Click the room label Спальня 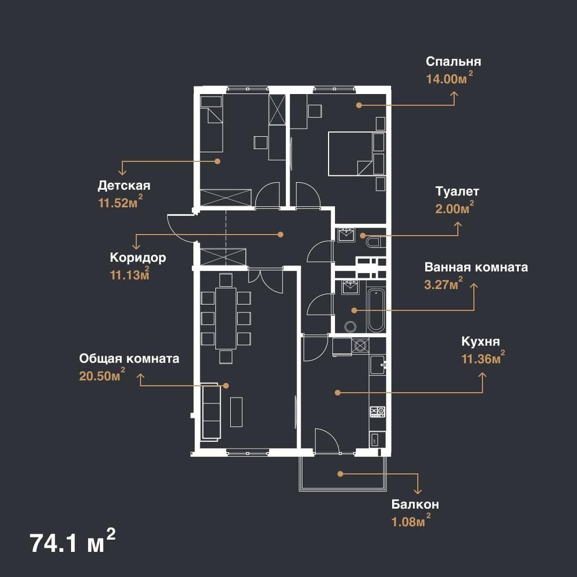pyautogui.click(x=453, y=62)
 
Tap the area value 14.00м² pyautogui.click(x=449, y=79)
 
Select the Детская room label pyautogui.click(x=124, y=185)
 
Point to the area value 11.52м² pyautogui.click(x=120, y=202)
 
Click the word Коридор pyautogui.click(x=138, y=258)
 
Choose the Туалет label pyautogui.click(x=457, y=191)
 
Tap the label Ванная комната pyautogui.click(x=476, y=267)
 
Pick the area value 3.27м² pyautogui.click(x=443, y=284)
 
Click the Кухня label pyautogui.click(x=481, y=342)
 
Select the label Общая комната pyautogui.click(x=129, y=359)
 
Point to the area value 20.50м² pyautogui.click(x=102, y=376)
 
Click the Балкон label pyautogui.click(x=415, y=504)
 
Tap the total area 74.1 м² pyautogui.click(x=73, y=542)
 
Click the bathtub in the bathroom pyautogui.click(x=376, y=310)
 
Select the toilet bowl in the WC pyautogui.click(x=376, y=243)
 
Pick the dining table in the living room pyautogui.click(x=225, y=318)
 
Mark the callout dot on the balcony pyautogui.click(x=340, y=474)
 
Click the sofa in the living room pyautogui.click(x=211, y=412)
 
